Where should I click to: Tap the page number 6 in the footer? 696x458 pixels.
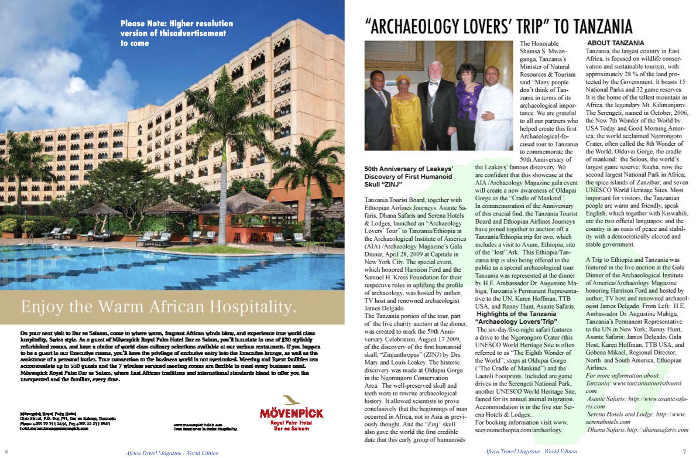[x=6, y=451]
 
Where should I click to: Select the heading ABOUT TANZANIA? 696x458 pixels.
[x=615, y=43]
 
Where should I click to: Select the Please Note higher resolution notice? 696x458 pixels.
[x=176, y=33]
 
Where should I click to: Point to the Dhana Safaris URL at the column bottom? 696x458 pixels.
[x=638, y=429]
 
